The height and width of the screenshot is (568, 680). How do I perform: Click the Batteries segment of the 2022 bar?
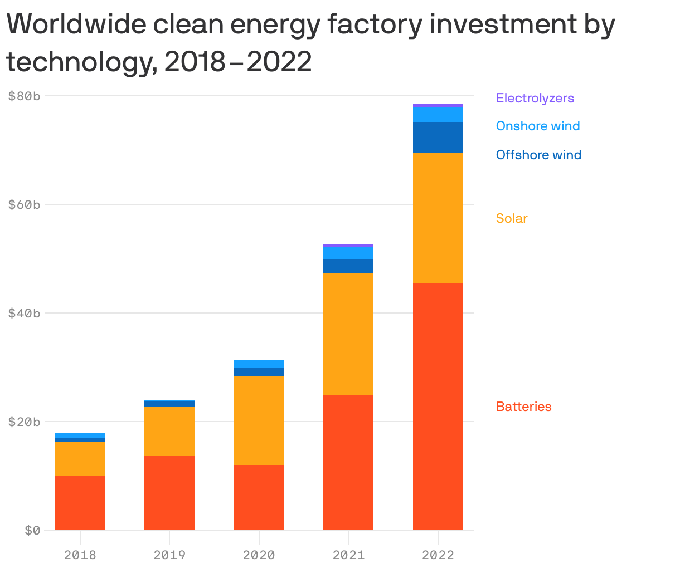pyautogui.click(x=438, y=407)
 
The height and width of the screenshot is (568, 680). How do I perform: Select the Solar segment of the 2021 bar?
pyautogui.click(x=348, y=334)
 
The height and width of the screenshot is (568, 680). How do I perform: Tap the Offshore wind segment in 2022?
pyautogui.click(x=438, y=138)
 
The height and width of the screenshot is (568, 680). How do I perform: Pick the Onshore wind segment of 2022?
pyautogui.click(x=438, y=115)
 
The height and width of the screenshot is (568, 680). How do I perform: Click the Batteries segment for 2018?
pyautogui.click(x=80, y=502)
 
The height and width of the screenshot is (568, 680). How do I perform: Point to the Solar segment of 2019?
pyautogui.click(x=169, y=432)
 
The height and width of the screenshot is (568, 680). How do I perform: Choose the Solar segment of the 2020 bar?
pyautogui.click(x=259, y=420)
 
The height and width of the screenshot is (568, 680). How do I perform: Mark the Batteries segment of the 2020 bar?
pyautogui.click(x=259, y=497)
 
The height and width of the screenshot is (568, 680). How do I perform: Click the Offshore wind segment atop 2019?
pyautogui.click(x=169, y=404)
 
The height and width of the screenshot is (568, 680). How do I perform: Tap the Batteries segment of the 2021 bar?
pyautogui.click(x=348, y=462)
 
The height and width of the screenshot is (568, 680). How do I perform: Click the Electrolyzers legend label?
pyautogui.click(x=535, y=98)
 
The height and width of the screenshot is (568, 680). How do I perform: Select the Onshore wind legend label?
pyautogui.click(x=538, y=126)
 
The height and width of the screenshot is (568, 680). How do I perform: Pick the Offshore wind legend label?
pyautogui.click(x=538, y=155)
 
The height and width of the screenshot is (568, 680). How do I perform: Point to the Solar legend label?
pyautogui.click(x=512, y=218)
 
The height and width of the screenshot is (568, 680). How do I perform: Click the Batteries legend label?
pyautogui.click(x=523, y=407)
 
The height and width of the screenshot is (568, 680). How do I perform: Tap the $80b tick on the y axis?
pyautogui.click(x=25, y=96)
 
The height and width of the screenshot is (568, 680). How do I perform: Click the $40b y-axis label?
pyautogui.click(x=25, y=313)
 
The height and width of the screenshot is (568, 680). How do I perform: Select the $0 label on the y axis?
pyautogui.click(x=32, y=530)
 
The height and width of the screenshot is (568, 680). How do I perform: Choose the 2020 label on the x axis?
pyautogui.click(x=259, y=555)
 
